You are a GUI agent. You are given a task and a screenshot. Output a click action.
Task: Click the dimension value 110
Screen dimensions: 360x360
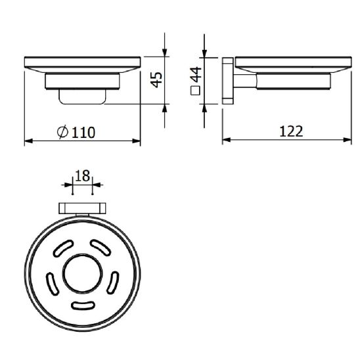(83, 133)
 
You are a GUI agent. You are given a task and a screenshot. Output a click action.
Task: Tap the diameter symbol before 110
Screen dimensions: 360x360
(62, 132)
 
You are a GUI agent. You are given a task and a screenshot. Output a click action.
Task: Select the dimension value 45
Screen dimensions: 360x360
(156, 79)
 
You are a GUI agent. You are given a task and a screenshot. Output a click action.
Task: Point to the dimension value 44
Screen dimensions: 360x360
(196, 74)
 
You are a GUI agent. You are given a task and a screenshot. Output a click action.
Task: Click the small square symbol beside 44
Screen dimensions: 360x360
(195, 90)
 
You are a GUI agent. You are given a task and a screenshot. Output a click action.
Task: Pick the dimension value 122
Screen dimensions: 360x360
(291, 131)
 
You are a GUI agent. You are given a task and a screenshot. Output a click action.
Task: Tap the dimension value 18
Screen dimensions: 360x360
(82, 176)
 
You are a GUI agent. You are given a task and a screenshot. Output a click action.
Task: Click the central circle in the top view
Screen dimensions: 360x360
(83, 274)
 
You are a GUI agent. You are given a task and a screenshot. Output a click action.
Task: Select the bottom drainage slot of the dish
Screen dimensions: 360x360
(83, 305)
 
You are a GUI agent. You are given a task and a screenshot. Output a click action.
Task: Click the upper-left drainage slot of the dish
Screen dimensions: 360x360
(63, 248)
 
